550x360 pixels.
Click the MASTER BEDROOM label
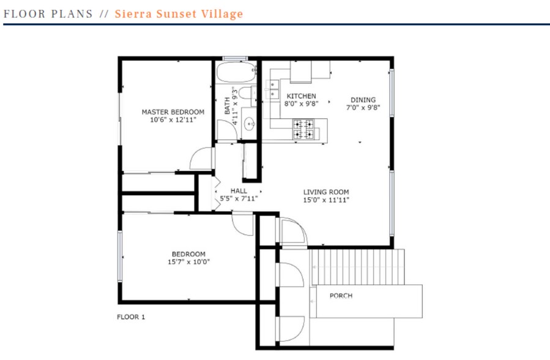173,112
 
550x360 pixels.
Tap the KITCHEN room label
302,96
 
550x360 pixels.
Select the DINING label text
363,100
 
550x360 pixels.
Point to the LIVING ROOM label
326,192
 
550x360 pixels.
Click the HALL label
239,190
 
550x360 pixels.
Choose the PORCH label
341,296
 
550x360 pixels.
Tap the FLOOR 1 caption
131,317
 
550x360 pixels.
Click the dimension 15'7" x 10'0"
188,262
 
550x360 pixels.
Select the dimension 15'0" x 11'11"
326,200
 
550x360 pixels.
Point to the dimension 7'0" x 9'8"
363,108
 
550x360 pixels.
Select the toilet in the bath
246,95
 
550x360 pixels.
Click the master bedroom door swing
202,159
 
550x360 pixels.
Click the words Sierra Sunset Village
179,13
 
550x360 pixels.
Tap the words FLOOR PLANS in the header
48,13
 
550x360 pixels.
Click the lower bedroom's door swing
243,225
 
